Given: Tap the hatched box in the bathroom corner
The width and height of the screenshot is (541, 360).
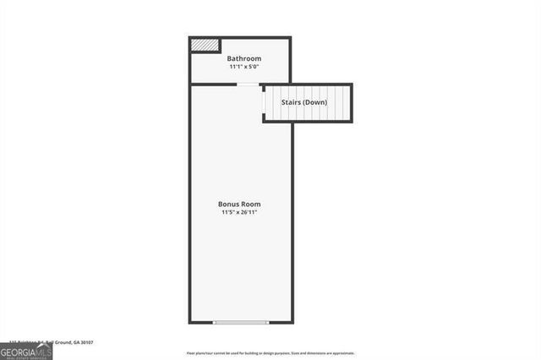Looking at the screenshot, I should coord(205,45).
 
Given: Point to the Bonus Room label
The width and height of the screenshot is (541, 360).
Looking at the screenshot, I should coord(239,205).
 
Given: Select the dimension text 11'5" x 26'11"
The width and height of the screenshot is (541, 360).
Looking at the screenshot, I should coord(239,213).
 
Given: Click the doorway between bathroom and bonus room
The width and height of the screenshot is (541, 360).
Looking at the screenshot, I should coord(248,84).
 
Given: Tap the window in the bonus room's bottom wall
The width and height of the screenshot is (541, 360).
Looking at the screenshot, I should coord(241,322).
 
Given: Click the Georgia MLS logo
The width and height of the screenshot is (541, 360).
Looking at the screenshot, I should coord(26,350).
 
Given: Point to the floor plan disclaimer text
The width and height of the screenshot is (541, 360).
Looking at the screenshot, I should coord(270,352).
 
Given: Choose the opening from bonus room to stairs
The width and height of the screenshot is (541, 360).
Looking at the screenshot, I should coord(264,103).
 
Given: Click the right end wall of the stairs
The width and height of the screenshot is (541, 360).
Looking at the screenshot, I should coord(351,103).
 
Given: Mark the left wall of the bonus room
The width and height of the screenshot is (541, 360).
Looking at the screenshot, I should coord(189,203).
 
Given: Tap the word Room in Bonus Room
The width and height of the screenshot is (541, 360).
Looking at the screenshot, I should coord(251,205).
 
